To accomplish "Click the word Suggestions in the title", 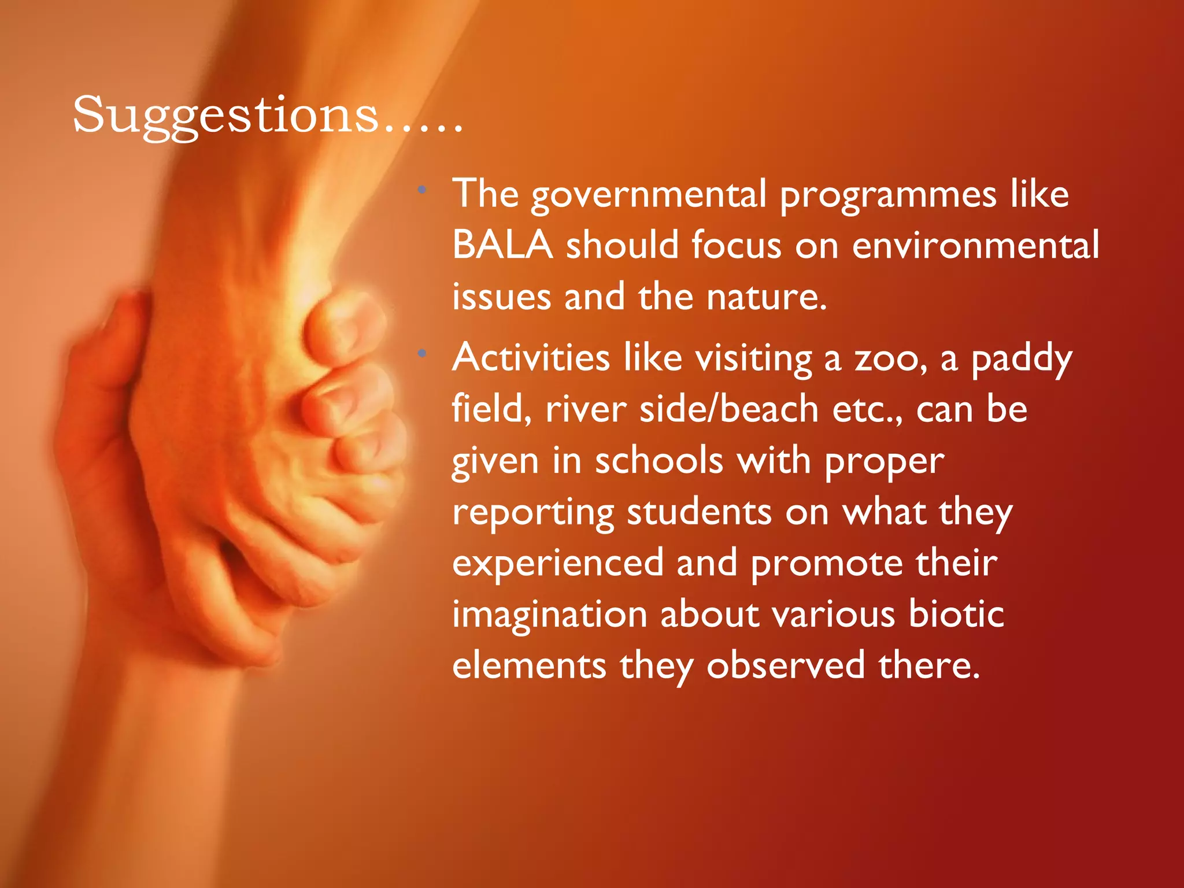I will click(x=225, y=116).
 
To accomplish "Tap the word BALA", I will click(x=502, y=245).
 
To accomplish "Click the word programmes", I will click(x=888, y=195).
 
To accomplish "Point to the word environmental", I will click(x=975, y=245).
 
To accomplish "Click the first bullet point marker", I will click(x=423, y=189).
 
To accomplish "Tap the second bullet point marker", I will click(x=423, y=353).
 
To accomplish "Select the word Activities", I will click(x=531, y=358).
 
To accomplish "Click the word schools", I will click(x=659, y=461).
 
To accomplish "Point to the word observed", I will click(x=786, y=665).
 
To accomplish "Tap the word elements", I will click(x=529, y=665).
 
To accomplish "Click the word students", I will click(x=699, y=512).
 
